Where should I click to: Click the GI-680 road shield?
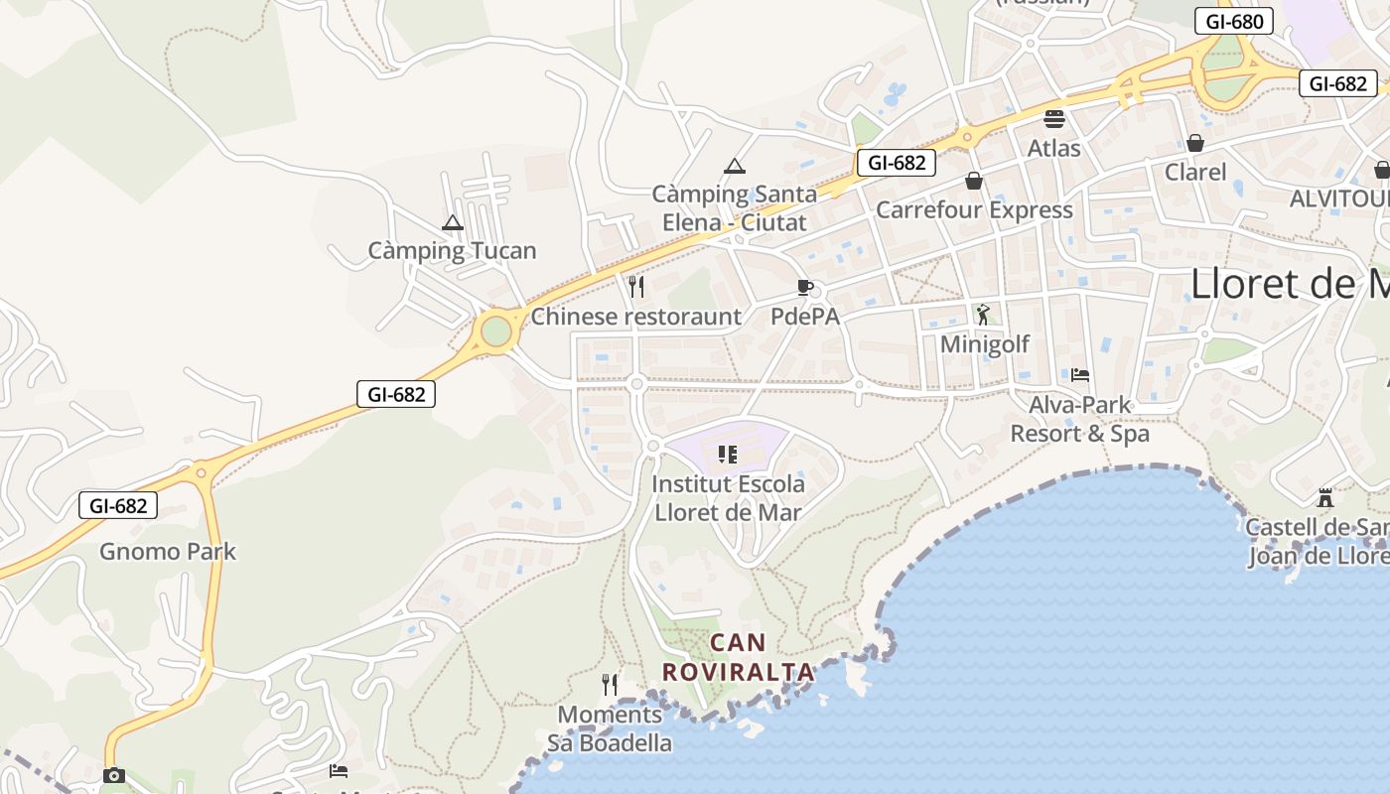pyautogui.click(x=1234, y=21)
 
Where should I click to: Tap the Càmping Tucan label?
pyautogui.click(x=452, y=251)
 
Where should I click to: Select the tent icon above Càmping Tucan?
pyautogui.click(x=453, y=223)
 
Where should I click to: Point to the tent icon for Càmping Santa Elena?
pyautogui.click(x=734, y=166)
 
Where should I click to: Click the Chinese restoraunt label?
pyautogui.click(x=635, y=317)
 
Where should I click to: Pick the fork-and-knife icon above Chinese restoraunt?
pyautogui.click(x=636, y=287)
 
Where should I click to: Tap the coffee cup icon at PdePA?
pyautogui.click(x=805, y=288)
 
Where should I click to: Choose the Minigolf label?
pyautogui.click(x=984, y=344)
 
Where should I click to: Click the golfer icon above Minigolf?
pyautogui.click(x=983, y=316)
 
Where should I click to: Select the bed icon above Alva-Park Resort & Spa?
pyautogui.click(x=1080, y=375)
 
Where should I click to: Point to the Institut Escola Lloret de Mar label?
pyautogui.click(x=728, y=498)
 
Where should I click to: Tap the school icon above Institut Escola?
pyautogui.click(x=727, y=455)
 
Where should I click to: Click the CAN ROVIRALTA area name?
pyautogui.click(x=738, y=657)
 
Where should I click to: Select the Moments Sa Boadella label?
pyautogui.click(x=610, y=728)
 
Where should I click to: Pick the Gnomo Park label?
pyautogui.click(x=168, y=551)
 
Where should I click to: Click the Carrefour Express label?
pyautogui.click(x=973, y=209)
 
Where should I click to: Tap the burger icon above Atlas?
pyautogui.click(x=1053, y=119)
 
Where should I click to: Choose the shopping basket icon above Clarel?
pyautogui.click(x=1195, y=144)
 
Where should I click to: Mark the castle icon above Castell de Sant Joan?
pyautogui.click(x=1324, y=497)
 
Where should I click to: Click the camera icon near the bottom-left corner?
pyautogui.click(x=114, y=775)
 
